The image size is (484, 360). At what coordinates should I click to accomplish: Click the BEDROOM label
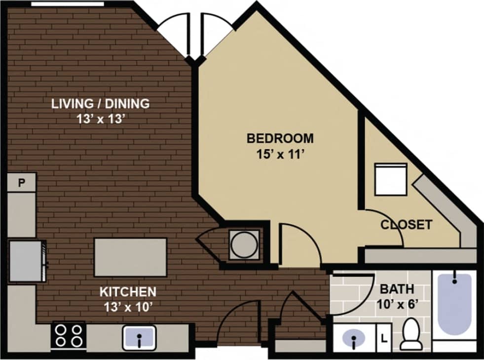pos(280,138)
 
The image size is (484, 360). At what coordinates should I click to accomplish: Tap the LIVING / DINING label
pos(101,104)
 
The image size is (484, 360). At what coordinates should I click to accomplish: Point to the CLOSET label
pos(406,225)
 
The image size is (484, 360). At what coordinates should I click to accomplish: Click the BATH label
pos(397,289)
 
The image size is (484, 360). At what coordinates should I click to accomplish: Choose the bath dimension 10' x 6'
pos(397,304)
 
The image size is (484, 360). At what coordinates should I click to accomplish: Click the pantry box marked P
pos(22,183)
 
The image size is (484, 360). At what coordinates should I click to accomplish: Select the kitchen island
pos(130,257)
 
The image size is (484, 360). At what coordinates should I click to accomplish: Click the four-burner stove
pos(69,335)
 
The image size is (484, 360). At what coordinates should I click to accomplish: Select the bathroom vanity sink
pos(354,339)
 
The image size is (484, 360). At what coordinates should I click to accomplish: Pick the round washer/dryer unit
pos(244,244)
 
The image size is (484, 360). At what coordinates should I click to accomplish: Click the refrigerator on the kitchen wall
pos(27,261)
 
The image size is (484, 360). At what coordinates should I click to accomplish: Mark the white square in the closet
pos(390,179)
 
